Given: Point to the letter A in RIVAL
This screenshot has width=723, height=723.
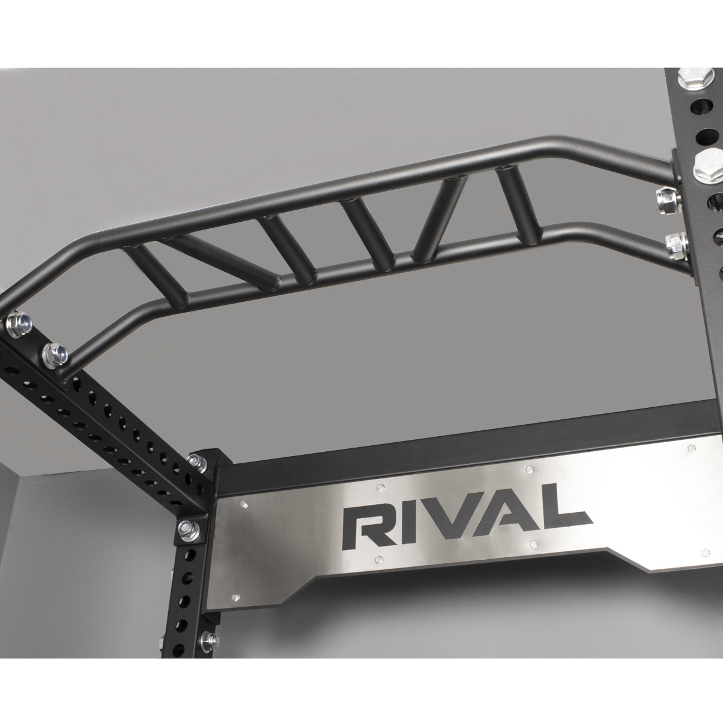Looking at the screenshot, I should [x=497, y=516].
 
